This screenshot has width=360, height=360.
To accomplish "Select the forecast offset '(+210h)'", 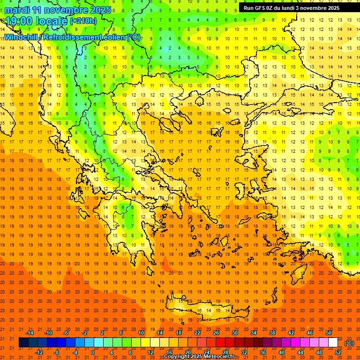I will (x=83, y=21).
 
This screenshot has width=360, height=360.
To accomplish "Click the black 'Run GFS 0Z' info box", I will (x=295, y=7).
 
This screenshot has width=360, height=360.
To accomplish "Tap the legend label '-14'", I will (x=30, y=333).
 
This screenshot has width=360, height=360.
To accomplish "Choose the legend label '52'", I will (x=338, y=352).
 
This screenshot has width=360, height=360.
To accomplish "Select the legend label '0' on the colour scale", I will (x=92, y=352).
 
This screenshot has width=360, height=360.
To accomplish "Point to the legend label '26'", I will (x=216, y=333).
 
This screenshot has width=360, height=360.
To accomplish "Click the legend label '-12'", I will (x=39, y=352).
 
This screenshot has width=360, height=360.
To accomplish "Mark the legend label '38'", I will (x=272, y=333).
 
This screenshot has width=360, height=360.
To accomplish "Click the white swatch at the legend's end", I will (x=333, y=343).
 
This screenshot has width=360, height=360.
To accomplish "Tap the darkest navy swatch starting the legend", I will (x=23, y=343).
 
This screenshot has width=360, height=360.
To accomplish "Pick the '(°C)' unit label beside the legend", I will (x=349, y=343).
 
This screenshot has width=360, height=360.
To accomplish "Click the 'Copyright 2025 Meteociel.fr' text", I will (x=199, y=357).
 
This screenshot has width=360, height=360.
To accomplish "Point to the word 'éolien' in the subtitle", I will (x=114, y=37).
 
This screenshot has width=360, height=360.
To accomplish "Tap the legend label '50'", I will (x=329, y=333).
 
